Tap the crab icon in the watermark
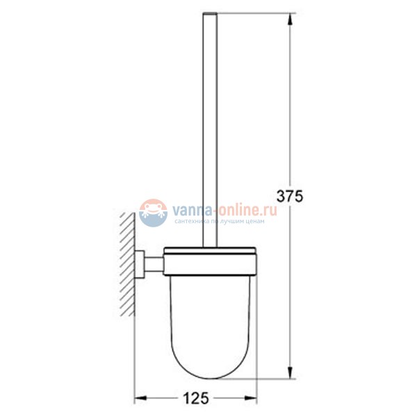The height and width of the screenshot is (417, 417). (152, 213)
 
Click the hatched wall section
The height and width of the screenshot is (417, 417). (126, 264)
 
